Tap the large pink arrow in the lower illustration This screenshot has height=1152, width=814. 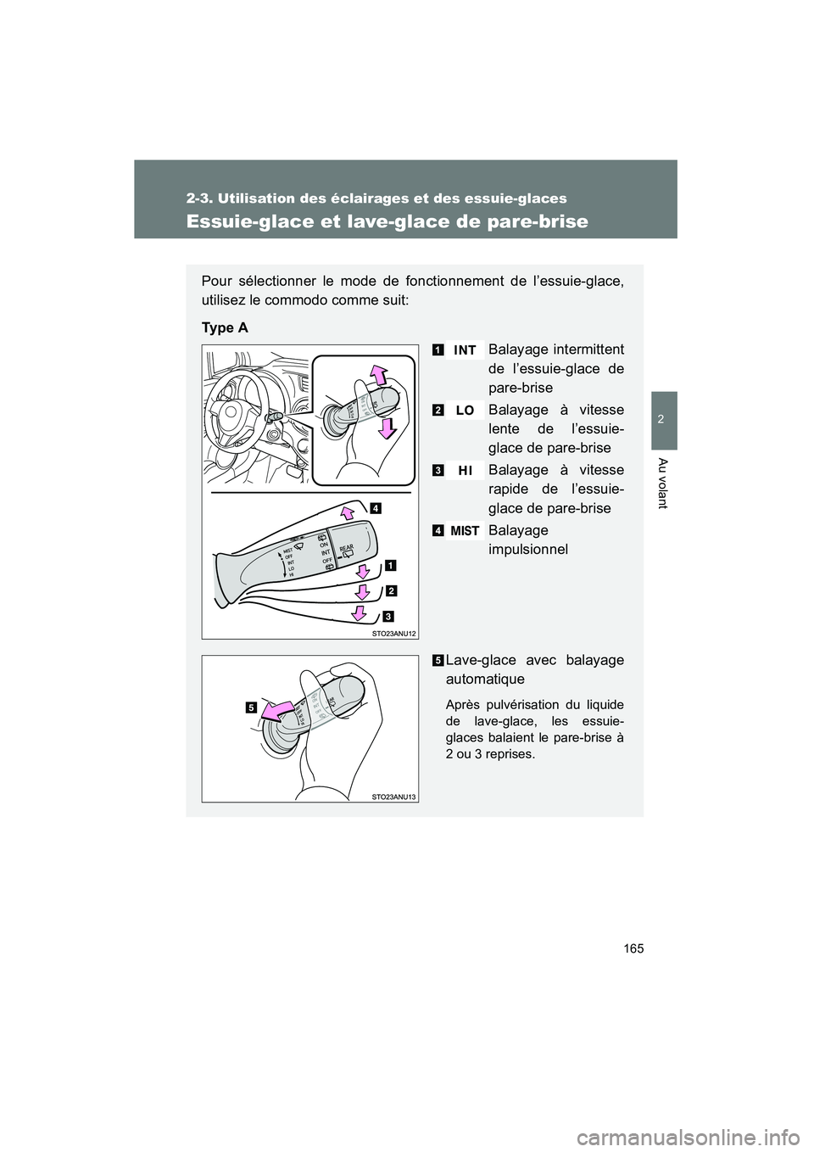[280, 709]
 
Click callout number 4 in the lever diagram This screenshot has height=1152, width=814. [375, 508]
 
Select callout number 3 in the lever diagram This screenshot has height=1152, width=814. [387, 615]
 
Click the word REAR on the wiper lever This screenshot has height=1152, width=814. [346, 549]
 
